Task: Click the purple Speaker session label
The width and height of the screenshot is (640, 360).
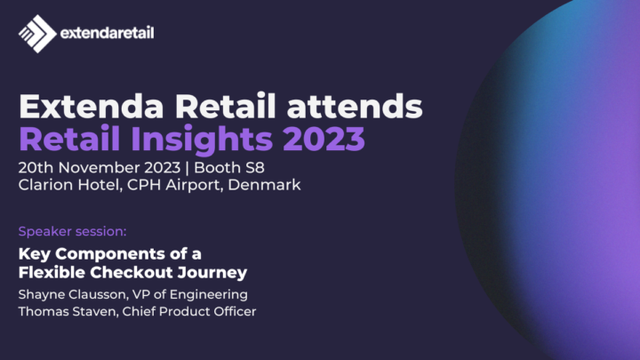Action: coord(73,232)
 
